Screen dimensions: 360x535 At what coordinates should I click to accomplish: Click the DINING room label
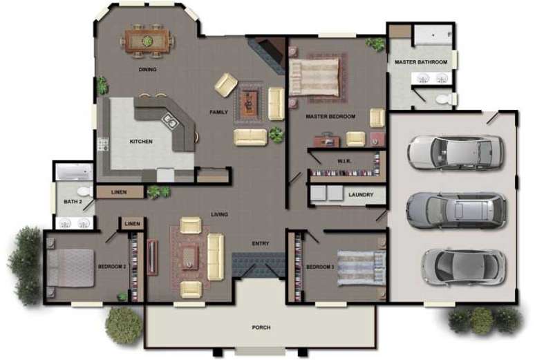pyautogui.click(x=147, y=70)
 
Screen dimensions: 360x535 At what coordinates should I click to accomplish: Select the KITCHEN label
pyautogui.click(x=141, y=142)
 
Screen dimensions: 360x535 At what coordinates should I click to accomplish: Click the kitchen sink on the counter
pyautogui.click(x=169, y=122)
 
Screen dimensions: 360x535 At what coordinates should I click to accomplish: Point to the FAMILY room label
pyautogui.click(x=218, y=112)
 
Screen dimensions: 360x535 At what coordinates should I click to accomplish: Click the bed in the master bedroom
pyautogui.click(x=315, y=76)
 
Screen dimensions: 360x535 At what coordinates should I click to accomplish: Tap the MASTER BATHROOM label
pyautogui.click(x=421, y=62)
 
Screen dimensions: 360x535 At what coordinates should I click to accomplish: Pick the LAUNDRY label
pyautogui.click(x=361, y=195)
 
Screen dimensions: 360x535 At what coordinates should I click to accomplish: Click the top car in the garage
pyautogui.click(x=454, y=151)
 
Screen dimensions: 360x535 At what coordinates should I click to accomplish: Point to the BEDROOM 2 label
pyautogui.click(x=111, y=266)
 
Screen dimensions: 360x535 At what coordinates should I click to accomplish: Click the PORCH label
pyautogui.click(x=261, y=327)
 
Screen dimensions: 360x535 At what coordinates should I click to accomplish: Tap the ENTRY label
pyautogui.click(x=261, y=243)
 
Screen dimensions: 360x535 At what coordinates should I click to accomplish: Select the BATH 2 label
pyautogui.click(x=73, y=202)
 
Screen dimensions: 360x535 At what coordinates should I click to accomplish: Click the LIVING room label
pyautogui.click(x=220, y=214)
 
